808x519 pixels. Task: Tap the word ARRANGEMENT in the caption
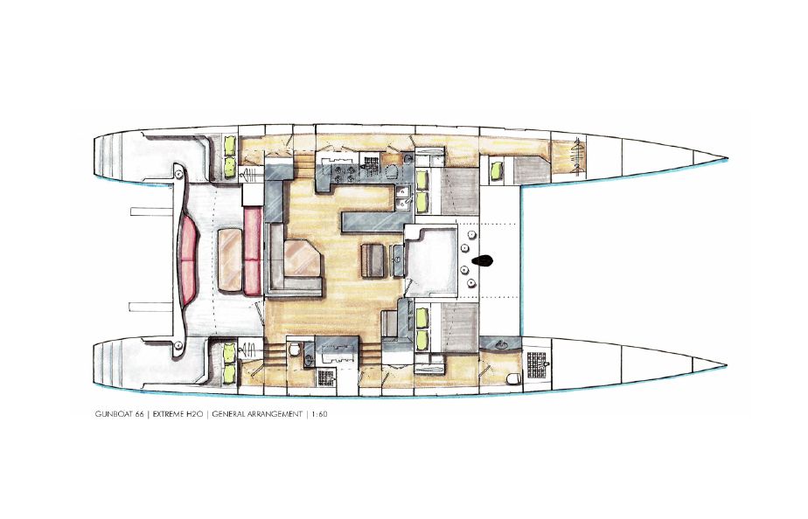click(276, 414)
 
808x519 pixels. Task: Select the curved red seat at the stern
click(188, 260)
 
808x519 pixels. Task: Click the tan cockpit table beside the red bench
click(230, 260)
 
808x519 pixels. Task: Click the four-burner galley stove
click(339, 171)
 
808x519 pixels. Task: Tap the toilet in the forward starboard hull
click(513, 379)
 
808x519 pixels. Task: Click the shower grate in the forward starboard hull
click(536, 363)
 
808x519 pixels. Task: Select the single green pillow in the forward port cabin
click(496, 170)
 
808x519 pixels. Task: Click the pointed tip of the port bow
click(727, 157)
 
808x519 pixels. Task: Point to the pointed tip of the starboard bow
click(726, 365)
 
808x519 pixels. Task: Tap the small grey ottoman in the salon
click(373, 261)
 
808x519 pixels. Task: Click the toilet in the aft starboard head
click(294, 349)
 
